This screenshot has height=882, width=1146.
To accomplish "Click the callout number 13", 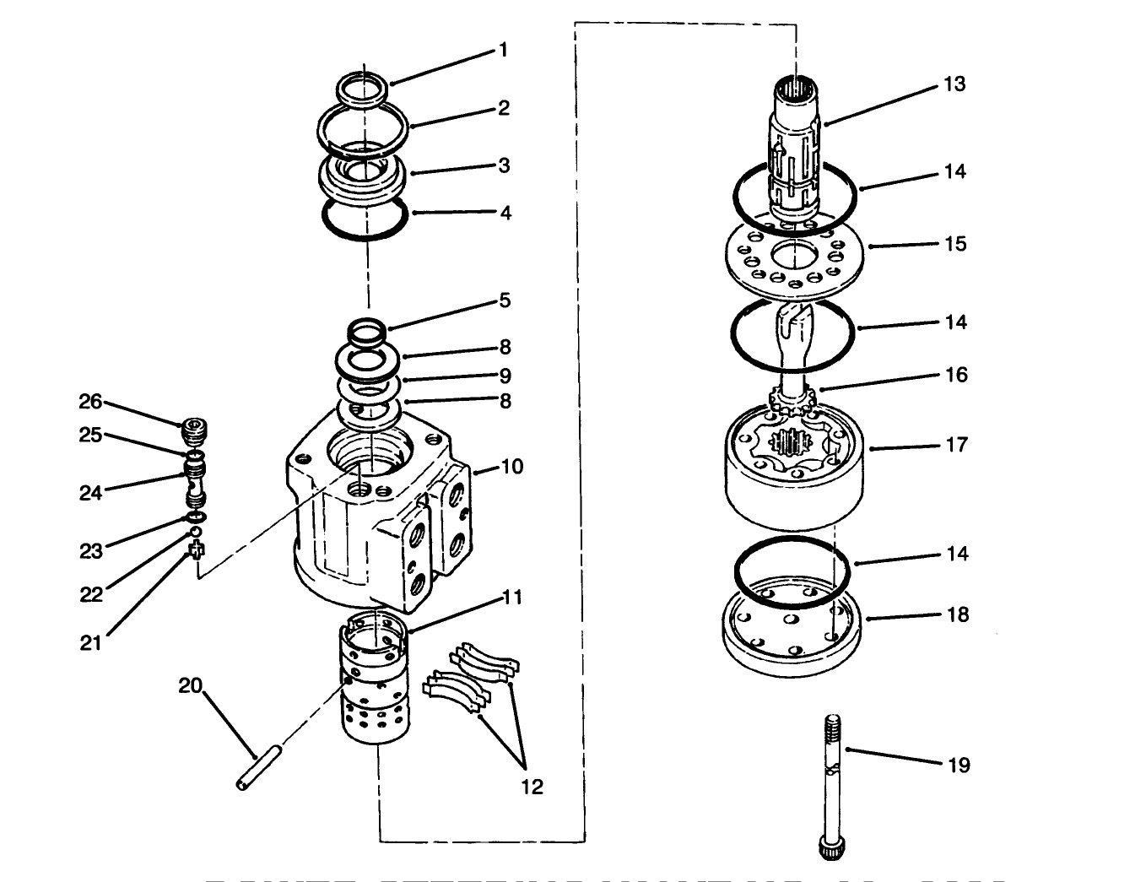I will pos(954,84).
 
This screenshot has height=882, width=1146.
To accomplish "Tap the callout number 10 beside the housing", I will pos(512,466).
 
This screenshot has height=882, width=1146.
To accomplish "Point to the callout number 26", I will pos(90,401).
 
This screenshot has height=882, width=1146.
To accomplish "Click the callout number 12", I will pos(532,787).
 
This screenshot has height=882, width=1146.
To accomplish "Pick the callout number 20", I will pos(190,685).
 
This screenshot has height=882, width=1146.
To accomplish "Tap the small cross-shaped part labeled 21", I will pos(197,552).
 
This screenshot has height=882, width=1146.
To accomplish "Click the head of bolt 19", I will pos(828,847).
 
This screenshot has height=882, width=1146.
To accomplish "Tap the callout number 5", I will pos(505,300).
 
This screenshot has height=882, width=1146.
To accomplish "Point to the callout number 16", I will pos(955,374).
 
